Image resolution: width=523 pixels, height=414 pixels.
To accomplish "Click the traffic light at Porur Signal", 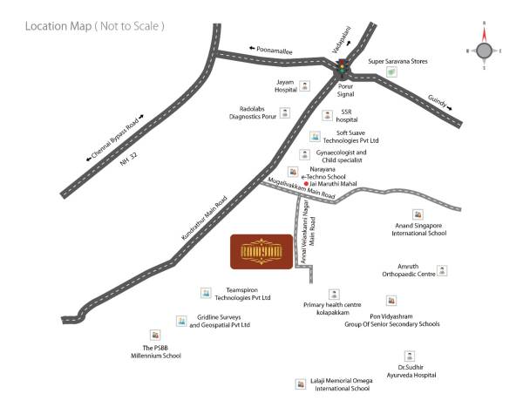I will [x=343, y=66].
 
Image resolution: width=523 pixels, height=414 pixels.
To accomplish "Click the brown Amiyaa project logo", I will [x=259, y=251].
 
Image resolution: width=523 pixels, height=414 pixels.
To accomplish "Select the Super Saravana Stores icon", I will [x=392, y=73].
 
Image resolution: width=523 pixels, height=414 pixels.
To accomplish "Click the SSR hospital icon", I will [x=327, y=114].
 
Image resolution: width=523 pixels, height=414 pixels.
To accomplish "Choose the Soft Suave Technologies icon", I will [x=315, y=136].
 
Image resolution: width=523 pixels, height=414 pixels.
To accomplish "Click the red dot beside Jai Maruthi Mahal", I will [x=306, y=184].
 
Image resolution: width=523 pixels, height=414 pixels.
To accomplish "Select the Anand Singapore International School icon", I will [x=418, y=214].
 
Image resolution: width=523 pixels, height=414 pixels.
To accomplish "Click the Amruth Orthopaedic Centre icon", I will [x=442, y=270].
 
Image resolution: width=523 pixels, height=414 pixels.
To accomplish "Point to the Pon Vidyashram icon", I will [x=391, y=300].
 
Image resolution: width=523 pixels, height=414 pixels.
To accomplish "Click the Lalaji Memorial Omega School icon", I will [x=302, y=383].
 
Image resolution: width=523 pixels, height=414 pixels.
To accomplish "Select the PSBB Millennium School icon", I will [x=155, y=335].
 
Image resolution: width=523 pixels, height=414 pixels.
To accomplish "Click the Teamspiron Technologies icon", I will [x=205, y=292].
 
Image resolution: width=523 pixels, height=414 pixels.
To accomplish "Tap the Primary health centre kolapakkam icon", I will [x=333, y=294].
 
